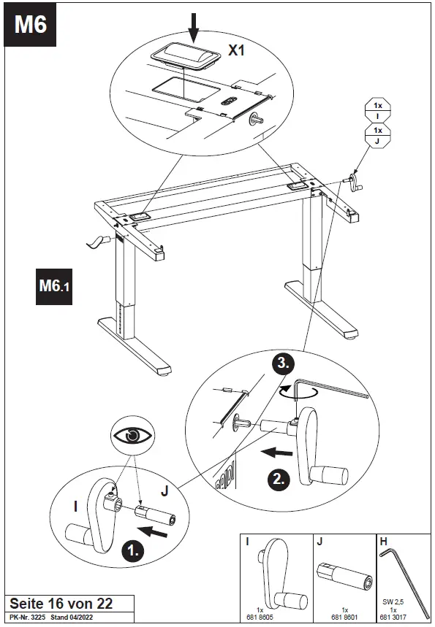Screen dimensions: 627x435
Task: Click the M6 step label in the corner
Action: click(31, 25)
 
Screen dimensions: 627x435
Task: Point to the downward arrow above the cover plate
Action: click(193, 25)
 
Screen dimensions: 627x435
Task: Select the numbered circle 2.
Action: click(280, 479)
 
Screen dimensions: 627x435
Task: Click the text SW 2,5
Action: click(393, 602)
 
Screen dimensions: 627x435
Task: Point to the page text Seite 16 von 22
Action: click(60, 604)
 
